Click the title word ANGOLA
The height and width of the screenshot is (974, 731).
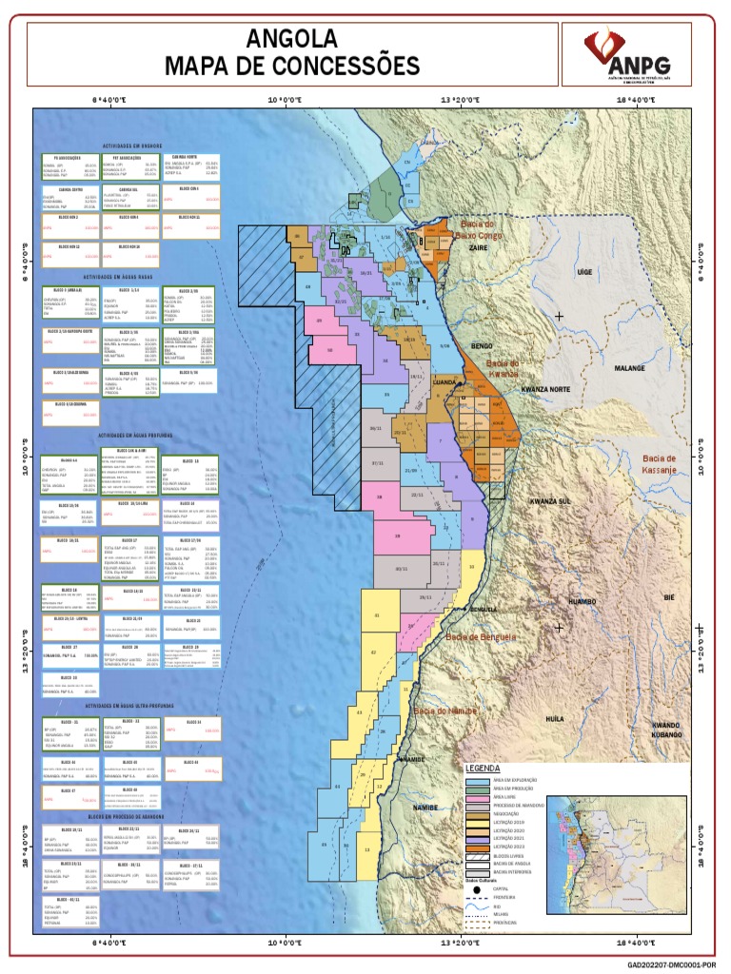click(292, 39)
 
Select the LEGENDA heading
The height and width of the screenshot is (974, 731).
click(482, 768)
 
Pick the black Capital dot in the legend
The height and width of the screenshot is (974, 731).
click(478, 889)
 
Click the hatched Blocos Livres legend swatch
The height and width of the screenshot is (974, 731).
click(478, 855)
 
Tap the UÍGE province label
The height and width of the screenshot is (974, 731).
click(585, 272)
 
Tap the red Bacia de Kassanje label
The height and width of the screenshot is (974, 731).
click(659, 464)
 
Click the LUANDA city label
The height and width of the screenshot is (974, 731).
click(445, 382)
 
